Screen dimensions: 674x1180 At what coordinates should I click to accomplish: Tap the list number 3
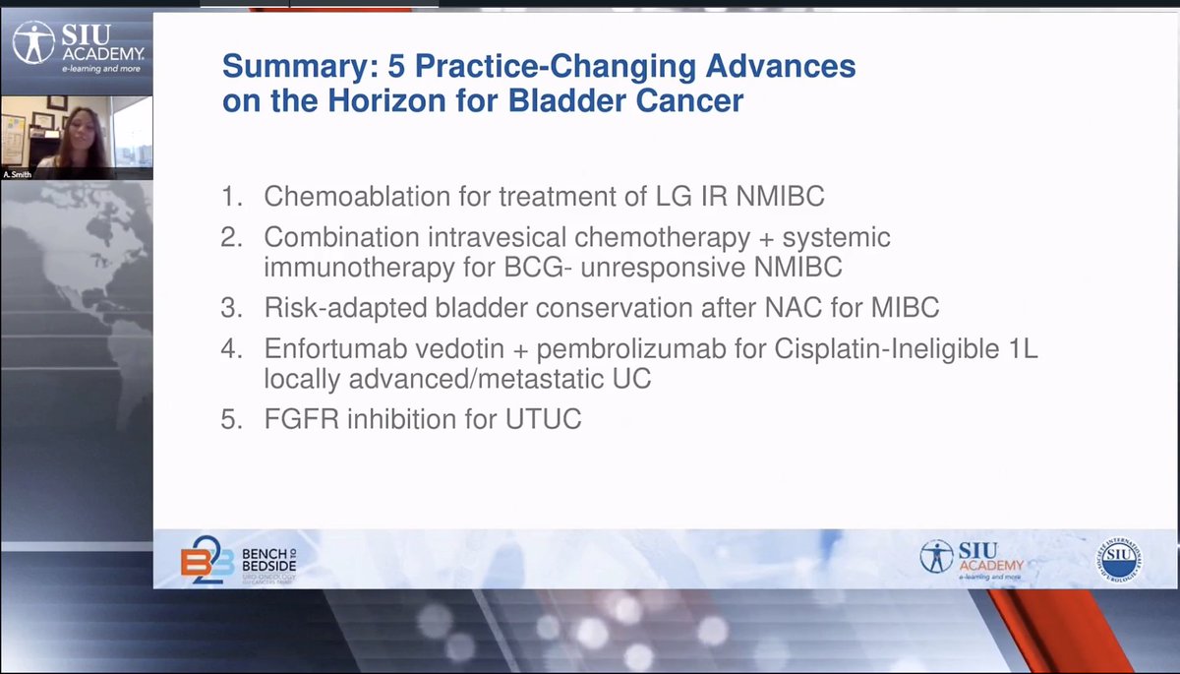[229, 308]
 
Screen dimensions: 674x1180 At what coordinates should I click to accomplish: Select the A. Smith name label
[18, 173]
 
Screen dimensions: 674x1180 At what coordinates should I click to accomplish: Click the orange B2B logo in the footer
[205, 560]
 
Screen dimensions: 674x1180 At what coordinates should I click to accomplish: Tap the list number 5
[229, 420]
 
